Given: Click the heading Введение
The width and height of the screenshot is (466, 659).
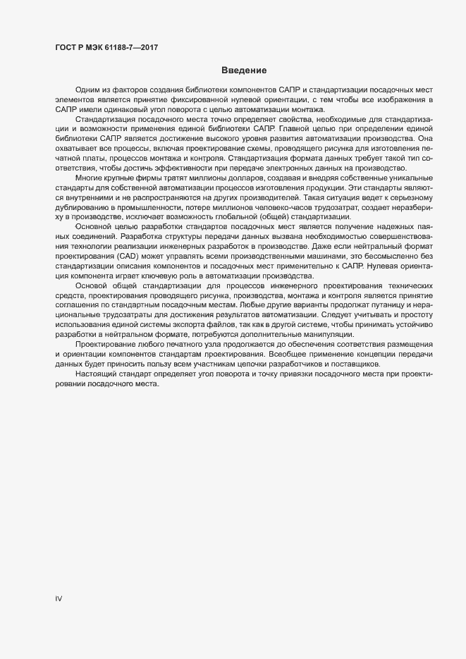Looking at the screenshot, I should tap(243, 70).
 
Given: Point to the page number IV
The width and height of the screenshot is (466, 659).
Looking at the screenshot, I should tap(59, 598).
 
